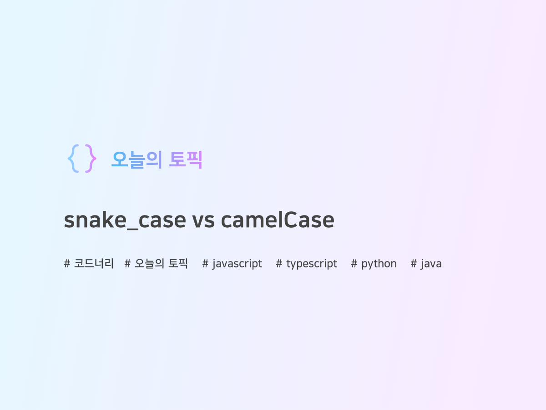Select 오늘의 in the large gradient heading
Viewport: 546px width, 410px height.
click(136, 160)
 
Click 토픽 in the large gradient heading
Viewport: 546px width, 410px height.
click(186, 160)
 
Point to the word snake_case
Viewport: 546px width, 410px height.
click(125, 220)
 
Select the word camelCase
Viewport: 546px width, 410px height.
click(278, 220)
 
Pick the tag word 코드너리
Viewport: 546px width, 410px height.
click(94, 264)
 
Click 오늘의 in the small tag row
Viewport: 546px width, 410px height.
click(150, 264)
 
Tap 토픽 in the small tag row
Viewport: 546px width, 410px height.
click(178, 264)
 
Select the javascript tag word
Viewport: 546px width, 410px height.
click(237, 264)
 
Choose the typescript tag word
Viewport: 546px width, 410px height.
click(312, 264)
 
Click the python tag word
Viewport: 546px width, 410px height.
click(379, 264)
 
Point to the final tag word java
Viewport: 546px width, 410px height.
click(431, 264)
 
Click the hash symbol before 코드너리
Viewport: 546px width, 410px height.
click(67, 264)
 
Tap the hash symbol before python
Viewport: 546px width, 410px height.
click(354, 264)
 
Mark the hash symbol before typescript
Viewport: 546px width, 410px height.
click(279, 264)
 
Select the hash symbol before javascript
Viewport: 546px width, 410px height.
click(205, 264)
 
